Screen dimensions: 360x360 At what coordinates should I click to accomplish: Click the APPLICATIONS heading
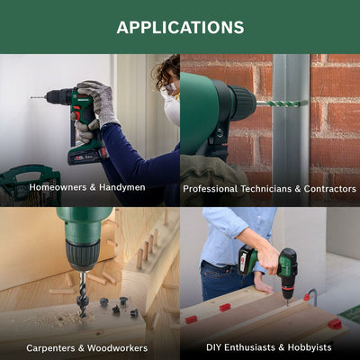[x=180, y=27]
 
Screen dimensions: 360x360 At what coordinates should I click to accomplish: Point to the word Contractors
[x=330, y=189]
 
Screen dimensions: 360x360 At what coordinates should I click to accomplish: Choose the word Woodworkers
[x=117, y=348]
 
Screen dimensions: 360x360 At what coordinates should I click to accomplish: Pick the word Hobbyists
[x=310, y=347]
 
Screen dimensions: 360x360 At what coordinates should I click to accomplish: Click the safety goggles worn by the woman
[x=170, y=89]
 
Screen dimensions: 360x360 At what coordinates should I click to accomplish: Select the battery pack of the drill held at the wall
[x=87, y=156]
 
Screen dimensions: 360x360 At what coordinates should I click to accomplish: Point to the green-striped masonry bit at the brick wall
[x=282, y=103]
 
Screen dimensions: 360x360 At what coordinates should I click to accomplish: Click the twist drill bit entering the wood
[x=82, y=295]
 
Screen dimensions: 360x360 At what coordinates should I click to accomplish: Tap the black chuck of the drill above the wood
[x=83, y=255]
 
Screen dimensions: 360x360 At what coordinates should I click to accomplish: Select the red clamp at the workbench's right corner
[x=335, y=324]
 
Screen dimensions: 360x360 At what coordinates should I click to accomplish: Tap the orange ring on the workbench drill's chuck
[x=287, y=288]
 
